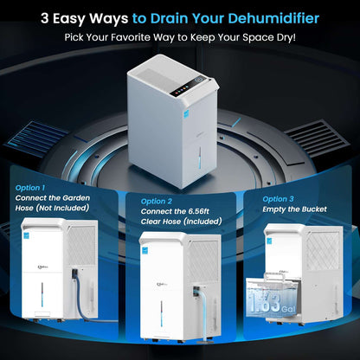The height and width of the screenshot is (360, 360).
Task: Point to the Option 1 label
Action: [32, 186]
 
